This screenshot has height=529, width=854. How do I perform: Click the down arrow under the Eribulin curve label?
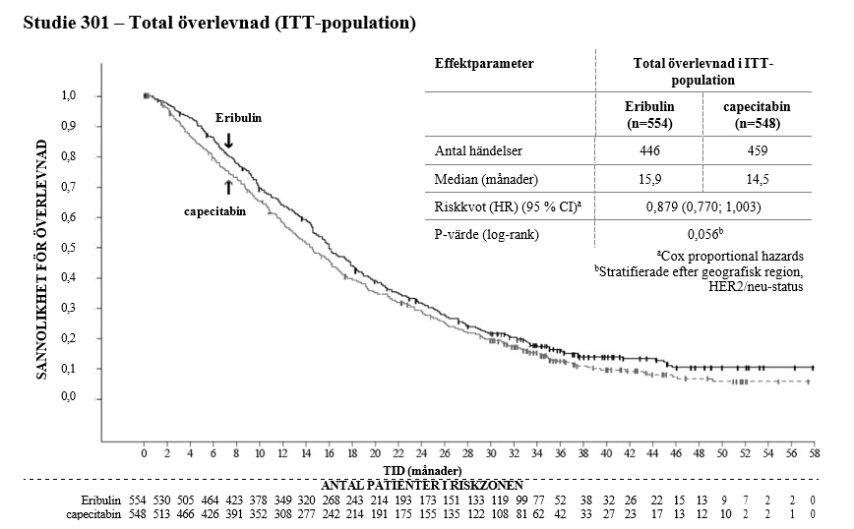(x=228, y=141)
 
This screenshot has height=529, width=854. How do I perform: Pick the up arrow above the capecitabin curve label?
(x=228, y=187)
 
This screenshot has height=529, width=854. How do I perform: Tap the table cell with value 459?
(x=758, y=151)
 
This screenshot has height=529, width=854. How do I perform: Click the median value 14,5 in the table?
(x=758, y=180)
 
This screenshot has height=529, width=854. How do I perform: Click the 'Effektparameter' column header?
(x=484, y=63)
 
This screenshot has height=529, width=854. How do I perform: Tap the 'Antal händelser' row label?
(x=480, y=151)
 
